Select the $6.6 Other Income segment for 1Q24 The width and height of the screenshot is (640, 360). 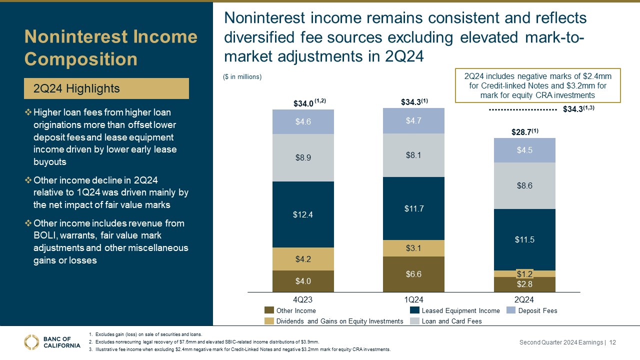point(413,273)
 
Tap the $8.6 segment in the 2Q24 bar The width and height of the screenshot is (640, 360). point(524,185)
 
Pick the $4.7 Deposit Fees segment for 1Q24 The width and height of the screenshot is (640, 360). point(413,120)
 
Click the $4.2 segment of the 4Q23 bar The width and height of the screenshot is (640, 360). point(303,259)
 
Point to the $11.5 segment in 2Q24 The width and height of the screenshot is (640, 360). point(524,239)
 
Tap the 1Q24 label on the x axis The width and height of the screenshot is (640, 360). point(413,299)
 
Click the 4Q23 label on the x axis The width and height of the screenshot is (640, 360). point(303,299)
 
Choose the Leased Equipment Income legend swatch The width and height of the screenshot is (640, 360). point(414,310)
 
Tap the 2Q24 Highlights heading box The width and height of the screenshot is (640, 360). point(107,88)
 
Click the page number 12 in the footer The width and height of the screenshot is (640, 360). point(612,342)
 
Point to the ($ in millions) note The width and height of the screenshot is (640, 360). point(242,76)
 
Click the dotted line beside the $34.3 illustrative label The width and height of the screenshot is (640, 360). point(522,108)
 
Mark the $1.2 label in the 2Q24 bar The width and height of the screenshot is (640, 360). point(524,273)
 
